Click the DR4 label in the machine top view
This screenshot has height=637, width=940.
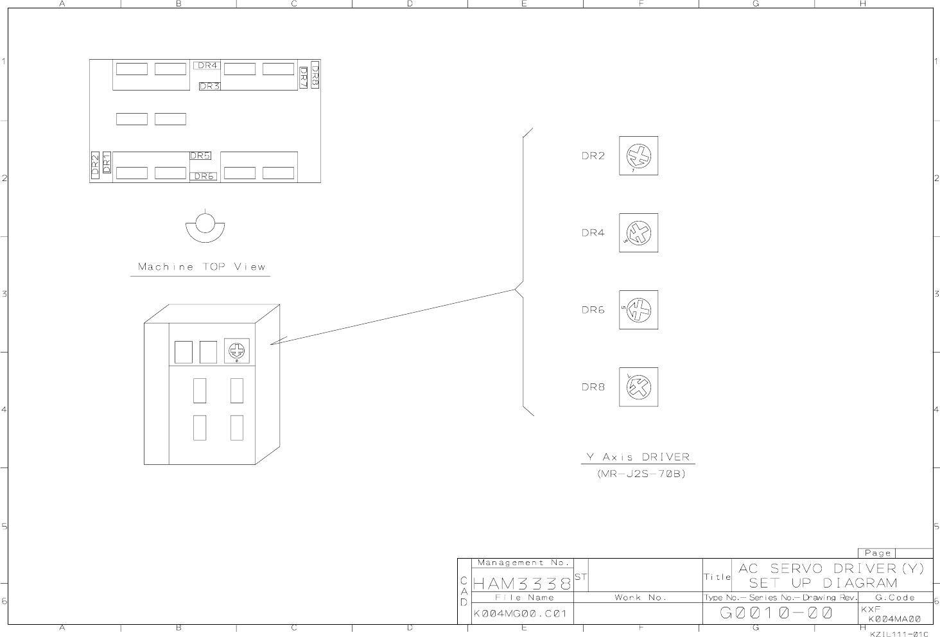pos(207,65)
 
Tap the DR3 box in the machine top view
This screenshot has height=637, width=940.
pos(209,86)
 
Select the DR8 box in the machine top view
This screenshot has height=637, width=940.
pos(315,74)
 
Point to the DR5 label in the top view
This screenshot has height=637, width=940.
pos(200,155)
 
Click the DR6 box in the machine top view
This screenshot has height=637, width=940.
pos(204,176)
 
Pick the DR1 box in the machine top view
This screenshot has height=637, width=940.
pos(107,162)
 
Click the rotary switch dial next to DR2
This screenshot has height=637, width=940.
pos(638,155)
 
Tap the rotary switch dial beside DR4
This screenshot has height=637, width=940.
pos(638,232)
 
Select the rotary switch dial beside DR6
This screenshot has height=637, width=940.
pos(638,310)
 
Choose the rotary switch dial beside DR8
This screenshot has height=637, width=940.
pos(638,387)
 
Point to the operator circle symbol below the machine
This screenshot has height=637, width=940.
pos(205,224)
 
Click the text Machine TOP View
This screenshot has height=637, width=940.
pos(201,266)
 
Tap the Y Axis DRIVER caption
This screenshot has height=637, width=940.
pos(638,457)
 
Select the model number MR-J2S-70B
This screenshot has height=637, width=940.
pos(641,474)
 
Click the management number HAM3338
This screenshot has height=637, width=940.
pos(521,584)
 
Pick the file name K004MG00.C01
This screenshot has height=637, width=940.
pos(520,613)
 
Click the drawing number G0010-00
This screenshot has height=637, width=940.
pos(776,613)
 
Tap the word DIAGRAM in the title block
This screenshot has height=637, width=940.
pos(860,583)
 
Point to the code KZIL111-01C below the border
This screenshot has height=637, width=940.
pos(899,634)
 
